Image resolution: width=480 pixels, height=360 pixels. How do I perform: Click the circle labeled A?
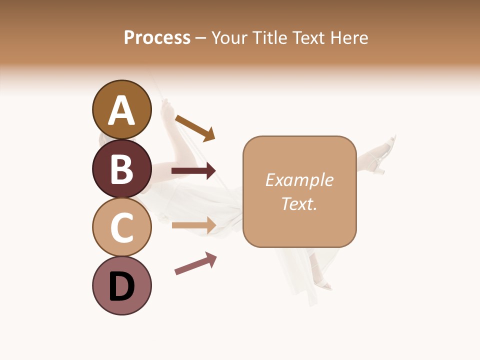(x=121, y=109)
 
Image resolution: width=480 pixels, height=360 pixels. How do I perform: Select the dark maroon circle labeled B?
(x=121, y=168)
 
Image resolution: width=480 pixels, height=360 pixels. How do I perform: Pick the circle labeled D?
(x=121, y=285)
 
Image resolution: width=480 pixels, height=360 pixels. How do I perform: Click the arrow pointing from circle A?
(x=195, y=127)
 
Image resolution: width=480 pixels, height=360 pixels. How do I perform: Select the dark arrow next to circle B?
(x=193, y=171)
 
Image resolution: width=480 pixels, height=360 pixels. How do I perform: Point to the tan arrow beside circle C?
(x=193, y=225)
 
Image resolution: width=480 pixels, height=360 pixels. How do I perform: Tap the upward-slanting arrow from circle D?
(x=195, y=263)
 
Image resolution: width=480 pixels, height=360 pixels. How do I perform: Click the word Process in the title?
(x=157, y=38)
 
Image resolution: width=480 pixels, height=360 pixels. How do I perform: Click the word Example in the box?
(x=299, y=180)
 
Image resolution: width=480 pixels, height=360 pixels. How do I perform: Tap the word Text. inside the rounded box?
(x=299, y=203)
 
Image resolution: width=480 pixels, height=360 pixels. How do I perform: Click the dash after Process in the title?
(x=201, y=38)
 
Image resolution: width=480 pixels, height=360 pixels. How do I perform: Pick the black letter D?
(x=121, y=286)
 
